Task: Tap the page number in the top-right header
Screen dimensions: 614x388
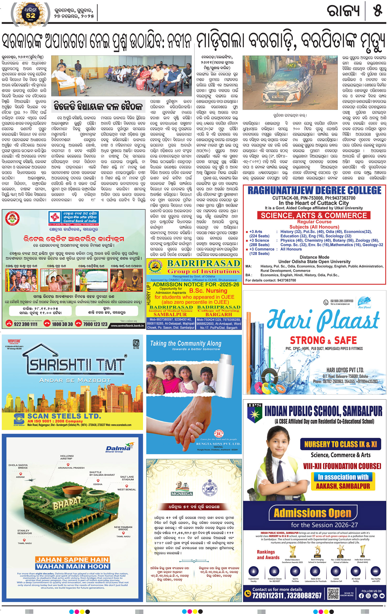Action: (378, 11)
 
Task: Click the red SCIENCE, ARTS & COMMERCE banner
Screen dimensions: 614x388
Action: (314, 216)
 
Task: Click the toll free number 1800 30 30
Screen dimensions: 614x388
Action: (62, 324)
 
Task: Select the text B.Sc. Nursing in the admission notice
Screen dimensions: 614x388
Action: (208, 291)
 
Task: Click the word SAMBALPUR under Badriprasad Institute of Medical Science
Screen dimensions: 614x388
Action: (170, 314)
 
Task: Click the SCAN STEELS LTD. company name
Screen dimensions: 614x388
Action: (64, 416)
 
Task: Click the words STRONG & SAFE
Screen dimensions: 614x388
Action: (323, 340)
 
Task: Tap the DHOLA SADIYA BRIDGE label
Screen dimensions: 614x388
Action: (18, 466)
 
